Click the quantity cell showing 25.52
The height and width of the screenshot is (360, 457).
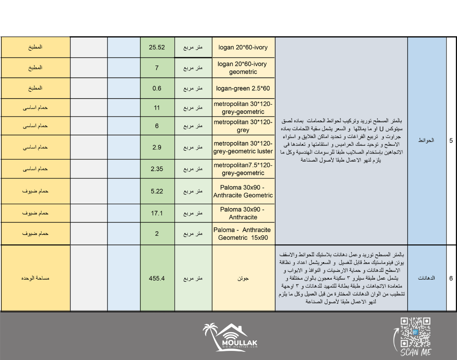tap(157, 47)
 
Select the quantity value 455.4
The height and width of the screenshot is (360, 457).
tap(157, 278)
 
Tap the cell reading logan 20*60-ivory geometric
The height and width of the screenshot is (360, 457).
tap(243, 68)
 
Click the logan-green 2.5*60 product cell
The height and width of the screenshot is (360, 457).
tap(243, 89)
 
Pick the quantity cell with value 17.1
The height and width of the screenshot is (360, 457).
tap(157, 213)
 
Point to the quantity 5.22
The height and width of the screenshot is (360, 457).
tap(157, 191)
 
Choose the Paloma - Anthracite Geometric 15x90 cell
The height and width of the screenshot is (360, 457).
tap(243, 233)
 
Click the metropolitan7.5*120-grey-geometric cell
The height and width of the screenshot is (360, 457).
tap(243, 169)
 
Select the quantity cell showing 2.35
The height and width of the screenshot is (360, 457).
tap(157, 169)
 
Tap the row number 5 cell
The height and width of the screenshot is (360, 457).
tap(451, 141)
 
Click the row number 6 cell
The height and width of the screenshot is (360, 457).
tap(451, 278)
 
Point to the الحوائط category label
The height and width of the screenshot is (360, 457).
tap(426, 141)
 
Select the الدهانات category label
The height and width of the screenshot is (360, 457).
tap(426, 278)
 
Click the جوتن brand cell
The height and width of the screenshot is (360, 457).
tap(243, 278)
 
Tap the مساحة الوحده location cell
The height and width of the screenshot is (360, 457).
tap(35, 278)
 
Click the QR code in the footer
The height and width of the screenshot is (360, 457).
tap(415, 332)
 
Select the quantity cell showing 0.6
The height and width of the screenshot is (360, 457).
tap(157, 89)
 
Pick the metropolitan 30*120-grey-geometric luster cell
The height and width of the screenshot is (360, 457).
tap(243, 147)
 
